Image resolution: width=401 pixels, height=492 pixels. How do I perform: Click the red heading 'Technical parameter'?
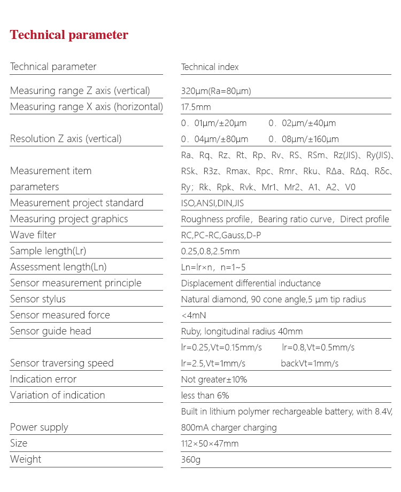click(x=69, y=35)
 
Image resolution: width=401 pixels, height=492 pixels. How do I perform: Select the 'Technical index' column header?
click(x=210, y=67)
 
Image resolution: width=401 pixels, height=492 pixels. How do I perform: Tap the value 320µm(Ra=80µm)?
click(x=216, y=91)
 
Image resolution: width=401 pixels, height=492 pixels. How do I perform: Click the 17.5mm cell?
click(x=196, y=107)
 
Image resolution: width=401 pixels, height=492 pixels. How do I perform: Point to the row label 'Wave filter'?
click(x=33, y=235)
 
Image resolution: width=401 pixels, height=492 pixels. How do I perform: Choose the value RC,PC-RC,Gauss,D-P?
click(x=221, y=235)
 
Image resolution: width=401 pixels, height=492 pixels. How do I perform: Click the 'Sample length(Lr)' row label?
click(x=48, y=251)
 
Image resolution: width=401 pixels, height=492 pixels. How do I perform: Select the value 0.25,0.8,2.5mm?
click(x=210, y=251)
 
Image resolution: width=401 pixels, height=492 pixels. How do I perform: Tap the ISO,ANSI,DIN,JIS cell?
click(x=212, y=203)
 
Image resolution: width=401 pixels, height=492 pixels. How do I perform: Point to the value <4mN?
click(x=194, y=315)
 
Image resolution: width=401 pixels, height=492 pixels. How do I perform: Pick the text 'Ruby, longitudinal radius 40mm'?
click(x=242, y=331)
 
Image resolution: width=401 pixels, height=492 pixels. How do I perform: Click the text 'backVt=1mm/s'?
click(x=310, y=363)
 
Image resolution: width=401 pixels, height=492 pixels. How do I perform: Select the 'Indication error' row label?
click(x=43, y=379)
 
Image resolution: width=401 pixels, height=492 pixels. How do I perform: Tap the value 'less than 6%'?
click(x=205, y=395)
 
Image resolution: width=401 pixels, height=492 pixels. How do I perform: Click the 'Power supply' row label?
click(x=39, y=427)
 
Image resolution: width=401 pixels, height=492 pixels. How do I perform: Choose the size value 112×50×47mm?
click(x=210, y=443)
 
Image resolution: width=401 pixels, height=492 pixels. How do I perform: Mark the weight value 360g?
click(x=190, y=459)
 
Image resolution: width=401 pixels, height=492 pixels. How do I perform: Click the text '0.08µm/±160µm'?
click(x=303, y=139)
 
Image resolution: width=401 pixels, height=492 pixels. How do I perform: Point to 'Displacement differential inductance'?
click(x=251, y=283)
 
